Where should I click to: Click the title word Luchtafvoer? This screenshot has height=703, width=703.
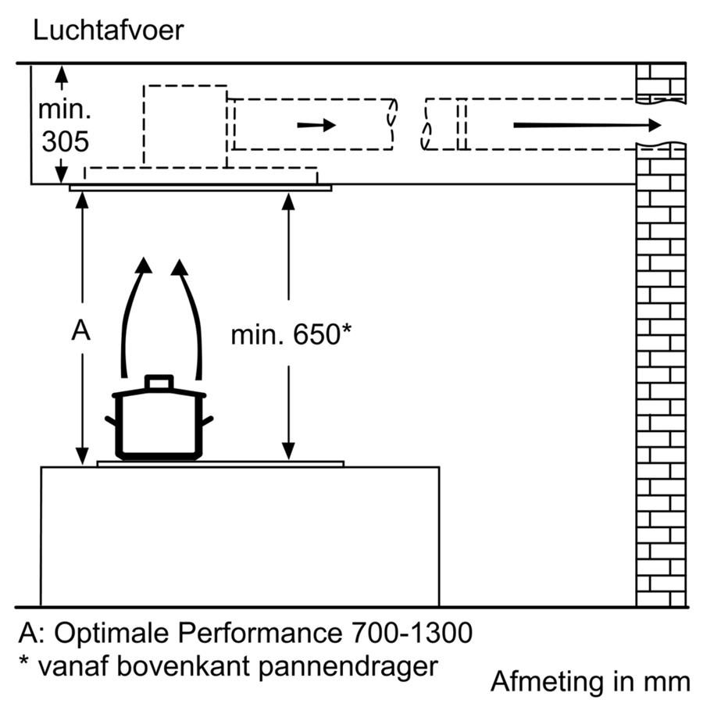[109, 31]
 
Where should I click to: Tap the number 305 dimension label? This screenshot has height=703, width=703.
[65, 141]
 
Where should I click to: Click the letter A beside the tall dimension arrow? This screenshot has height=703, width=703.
[80, 331]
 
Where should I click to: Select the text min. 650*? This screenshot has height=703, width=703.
[291, 335]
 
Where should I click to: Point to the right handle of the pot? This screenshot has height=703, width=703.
[209, 423]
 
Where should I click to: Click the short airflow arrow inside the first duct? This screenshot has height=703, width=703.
[316, 125]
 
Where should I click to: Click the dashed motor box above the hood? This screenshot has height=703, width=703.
[185, 125]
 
